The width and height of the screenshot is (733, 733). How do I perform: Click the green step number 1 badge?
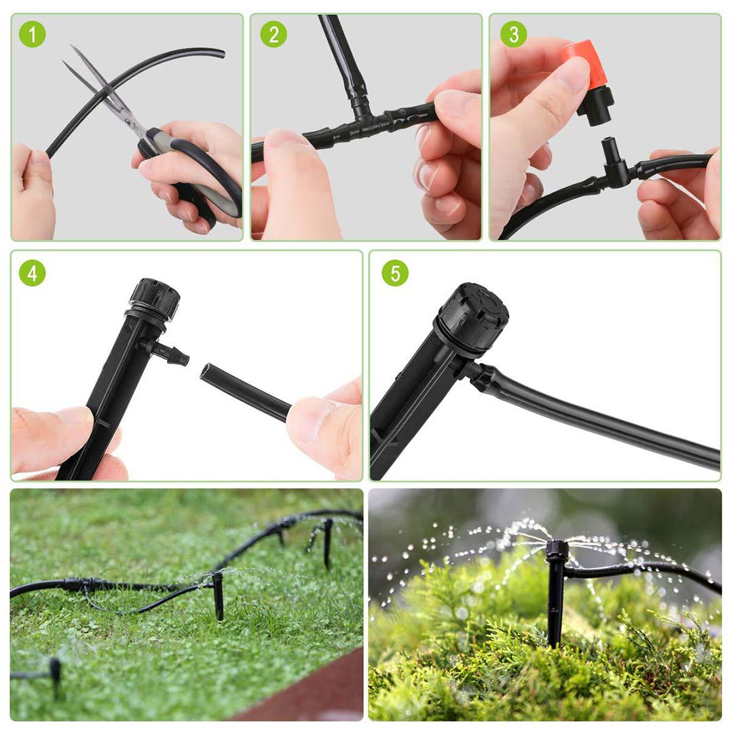pos(31,35)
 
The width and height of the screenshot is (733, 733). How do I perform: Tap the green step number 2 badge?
pos(273,35)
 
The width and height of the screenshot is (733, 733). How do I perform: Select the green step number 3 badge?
pos(513,35)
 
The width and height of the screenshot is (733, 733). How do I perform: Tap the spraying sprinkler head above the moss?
pos(557,550)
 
